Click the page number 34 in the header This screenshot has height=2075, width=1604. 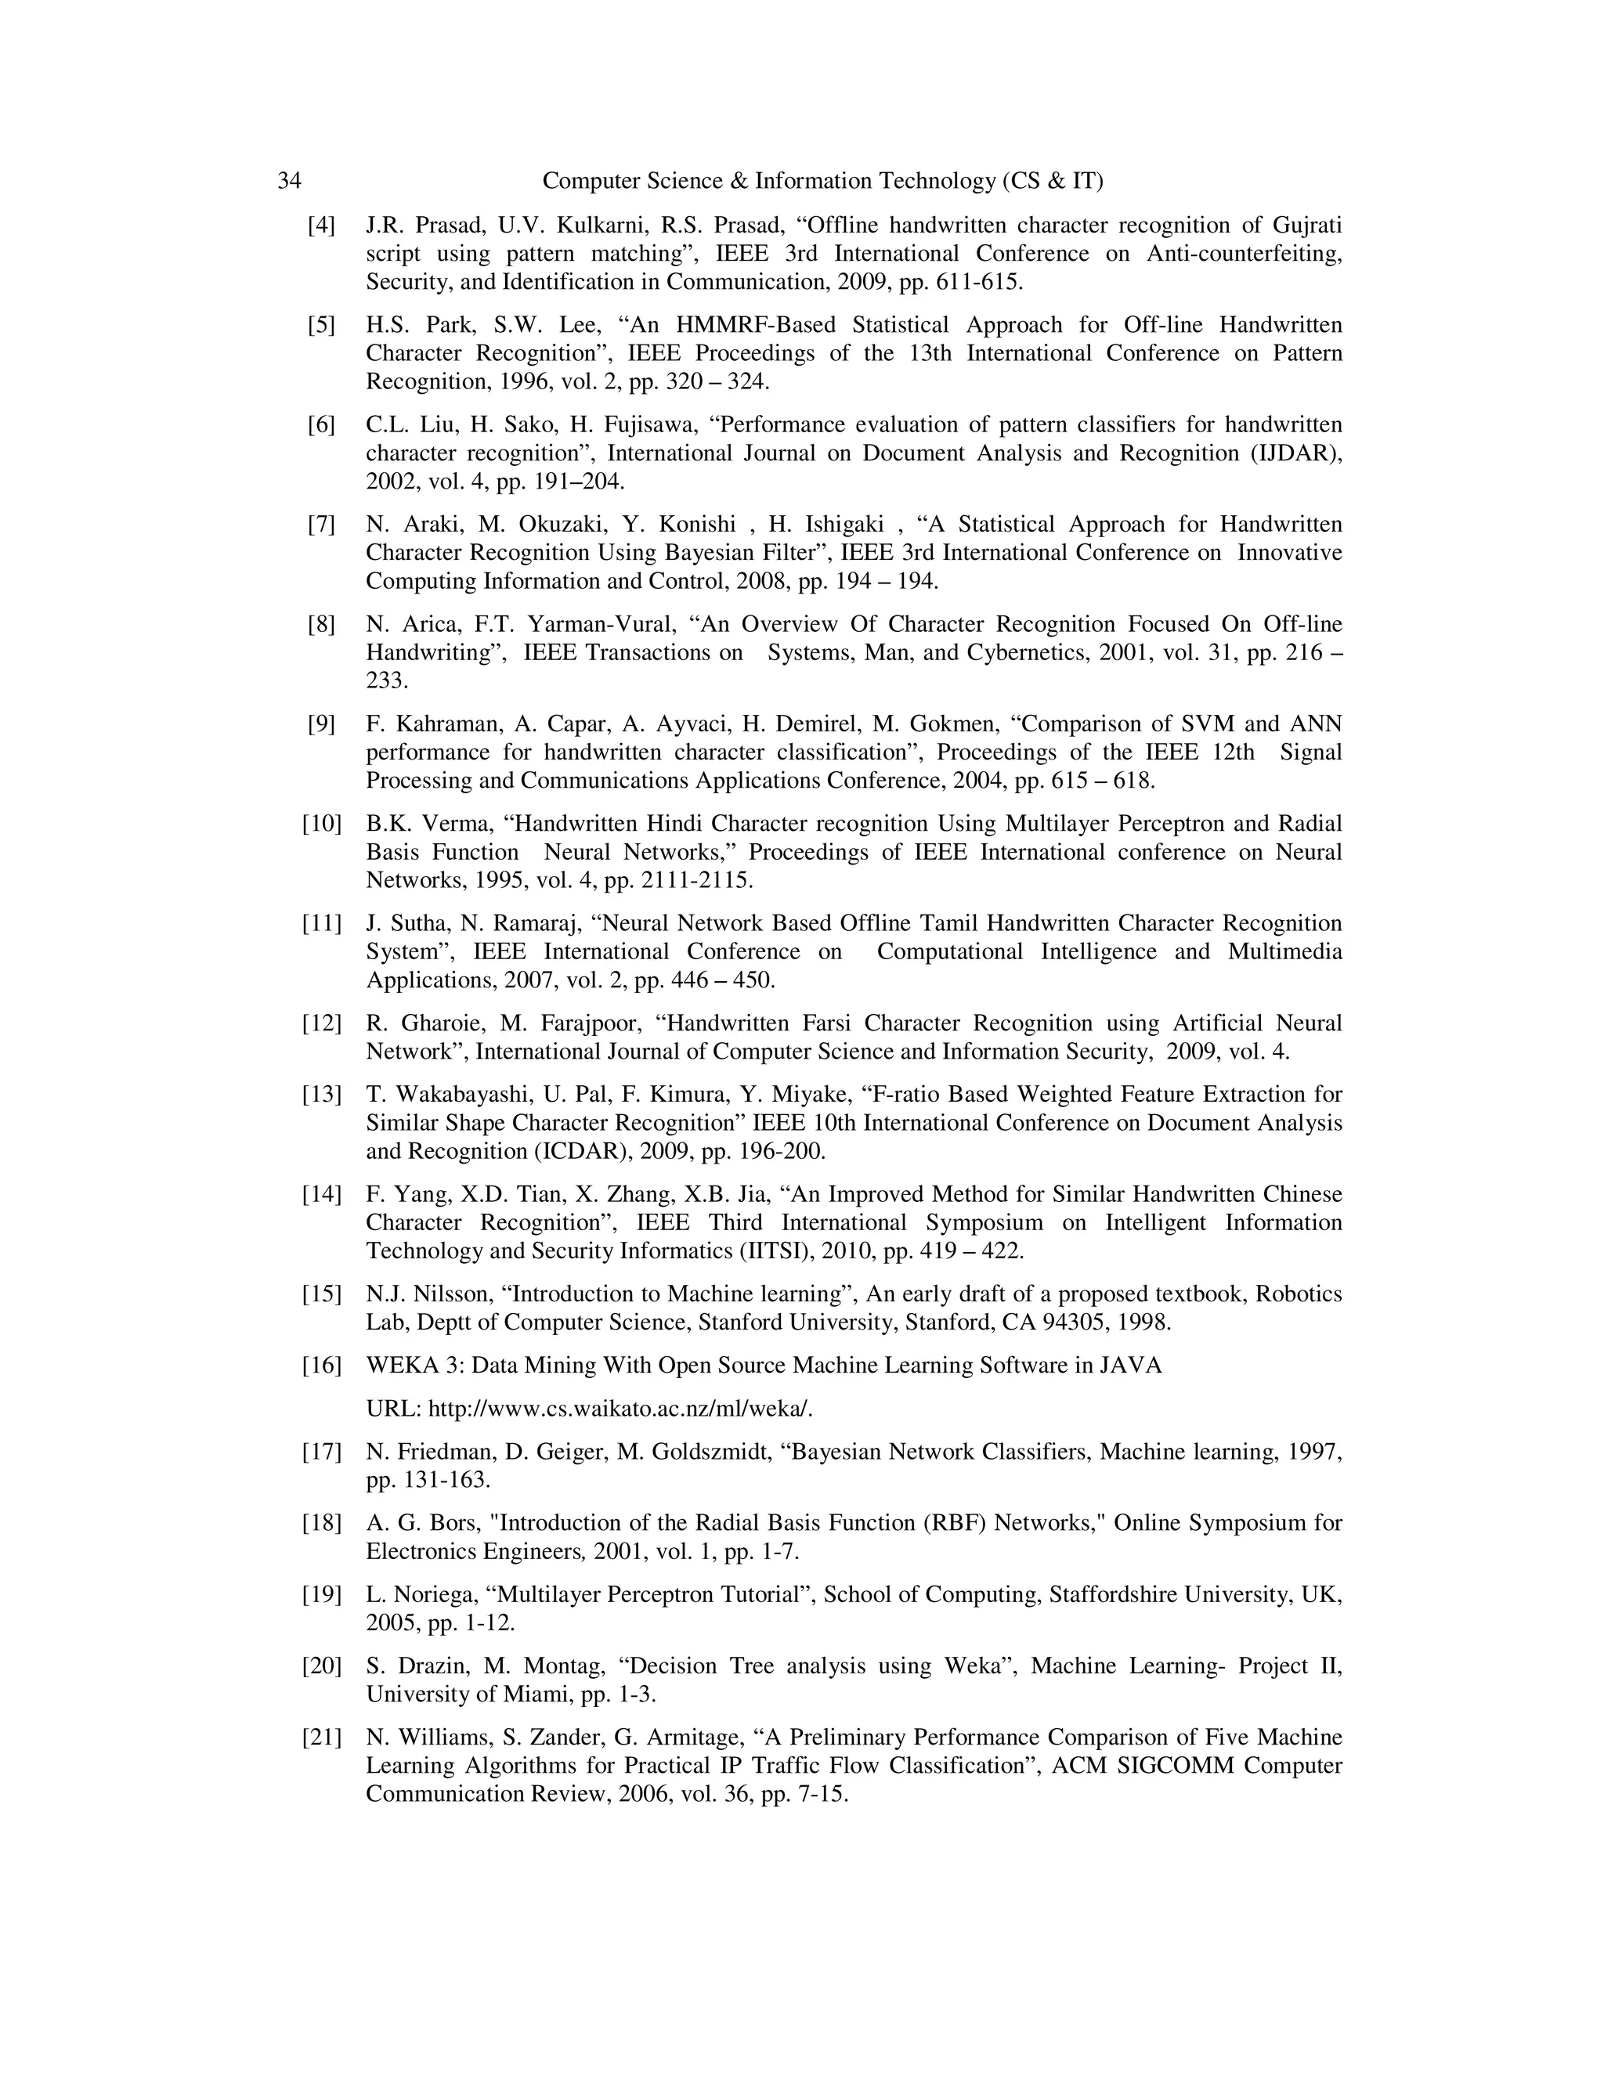coord(289,181)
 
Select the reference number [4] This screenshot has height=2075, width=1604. coord(321,226)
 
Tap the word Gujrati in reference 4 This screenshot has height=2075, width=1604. coord(1306,226)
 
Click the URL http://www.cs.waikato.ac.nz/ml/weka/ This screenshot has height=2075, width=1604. coord(620,1408)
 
